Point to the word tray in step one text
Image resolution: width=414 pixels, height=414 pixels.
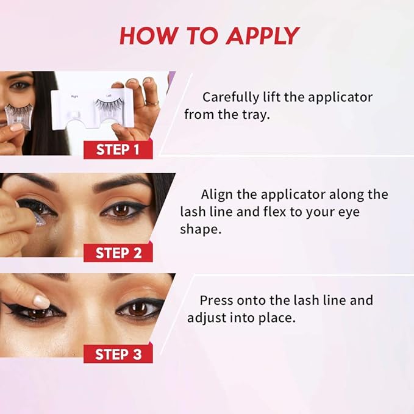click(x=254, y=114)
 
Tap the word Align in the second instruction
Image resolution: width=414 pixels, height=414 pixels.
click(x=215, y=195)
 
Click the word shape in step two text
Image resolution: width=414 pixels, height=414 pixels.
click(x=198, y=229)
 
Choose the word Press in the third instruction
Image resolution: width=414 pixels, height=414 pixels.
click(x=218, y=301)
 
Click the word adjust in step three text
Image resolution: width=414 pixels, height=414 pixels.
click(x=208, y=318)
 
